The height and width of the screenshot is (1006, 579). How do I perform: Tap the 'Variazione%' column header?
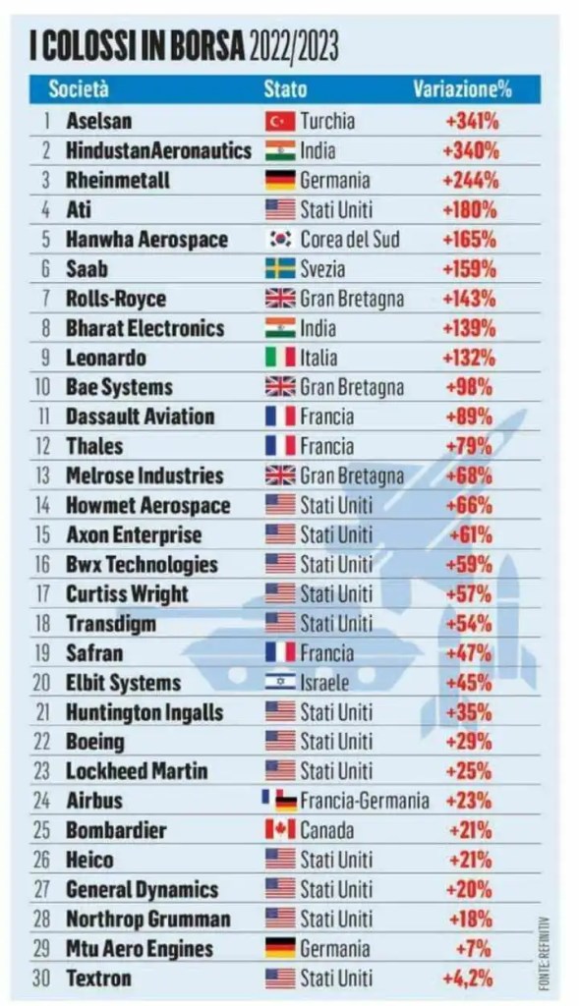point(462,88)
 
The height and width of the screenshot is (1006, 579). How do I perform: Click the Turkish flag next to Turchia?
point(280,122)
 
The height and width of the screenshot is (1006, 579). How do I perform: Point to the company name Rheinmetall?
point(118,181)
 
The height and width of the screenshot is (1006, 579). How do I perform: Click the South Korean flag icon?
point(280,240)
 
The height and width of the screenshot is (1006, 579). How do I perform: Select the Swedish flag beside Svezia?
point(280,269)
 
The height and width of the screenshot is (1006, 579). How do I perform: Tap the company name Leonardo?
point(105,358)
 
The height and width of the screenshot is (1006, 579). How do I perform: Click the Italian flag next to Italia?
point(280,358)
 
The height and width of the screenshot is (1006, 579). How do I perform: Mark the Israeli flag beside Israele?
point(280,683)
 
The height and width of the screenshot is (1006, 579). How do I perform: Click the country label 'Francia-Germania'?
point(365,801)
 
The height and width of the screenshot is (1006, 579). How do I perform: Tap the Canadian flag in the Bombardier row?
point(280,830)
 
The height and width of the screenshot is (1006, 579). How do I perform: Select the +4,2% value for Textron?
point(468,978)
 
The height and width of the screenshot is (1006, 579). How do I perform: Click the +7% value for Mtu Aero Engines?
point(479,948)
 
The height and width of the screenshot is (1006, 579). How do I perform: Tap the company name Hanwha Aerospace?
point(146,240)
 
